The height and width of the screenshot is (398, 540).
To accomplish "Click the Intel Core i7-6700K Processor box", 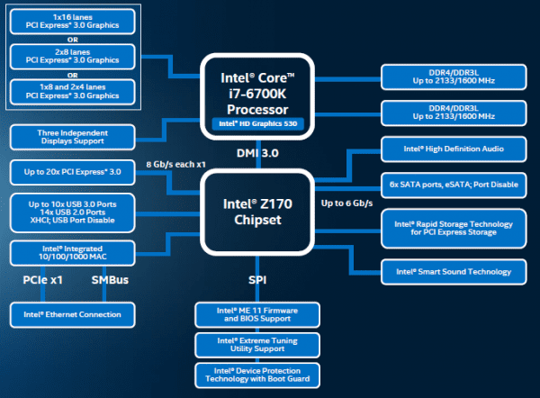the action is click(x=257, y=96).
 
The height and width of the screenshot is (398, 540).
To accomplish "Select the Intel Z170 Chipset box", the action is click(x=257, y=212).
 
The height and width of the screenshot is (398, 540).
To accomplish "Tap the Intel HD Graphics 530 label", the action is click(x=258, y=123).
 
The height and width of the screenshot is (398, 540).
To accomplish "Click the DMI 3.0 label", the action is click(x=257, y=153).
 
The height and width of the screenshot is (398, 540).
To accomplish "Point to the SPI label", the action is click(x=257, y=280).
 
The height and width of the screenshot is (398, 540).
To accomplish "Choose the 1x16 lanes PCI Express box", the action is click(x=72, y=22).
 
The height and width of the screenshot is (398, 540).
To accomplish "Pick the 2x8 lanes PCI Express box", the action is click(x=72, y=57).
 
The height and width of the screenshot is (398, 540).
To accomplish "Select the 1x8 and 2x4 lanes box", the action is click(x=72, y=92).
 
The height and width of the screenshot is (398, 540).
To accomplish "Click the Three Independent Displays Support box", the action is click(x=72, y=137).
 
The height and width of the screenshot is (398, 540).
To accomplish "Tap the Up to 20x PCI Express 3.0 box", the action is click(x=72, y=172).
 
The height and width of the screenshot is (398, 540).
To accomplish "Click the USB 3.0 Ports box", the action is click(x=72, y=213).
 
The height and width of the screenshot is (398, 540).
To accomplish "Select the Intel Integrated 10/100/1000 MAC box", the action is click(x=72, y=253).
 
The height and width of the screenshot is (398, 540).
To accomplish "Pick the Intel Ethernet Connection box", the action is click(x=72, y=314).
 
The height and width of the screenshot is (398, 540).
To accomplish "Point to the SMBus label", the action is click(x=110, y=280).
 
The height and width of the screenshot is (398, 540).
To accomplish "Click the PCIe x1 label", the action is click(x=42, y=280).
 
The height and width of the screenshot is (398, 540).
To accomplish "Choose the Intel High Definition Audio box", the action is click(x=454, y=149).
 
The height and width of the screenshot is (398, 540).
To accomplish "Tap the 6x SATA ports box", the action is click(x=454, y=185).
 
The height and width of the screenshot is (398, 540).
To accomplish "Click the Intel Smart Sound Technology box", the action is click(x=454, y=272).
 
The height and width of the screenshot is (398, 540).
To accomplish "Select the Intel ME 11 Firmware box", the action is click(x=257, y=314).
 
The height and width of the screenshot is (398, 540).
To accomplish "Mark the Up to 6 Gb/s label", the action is click(x=346, y=204).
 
